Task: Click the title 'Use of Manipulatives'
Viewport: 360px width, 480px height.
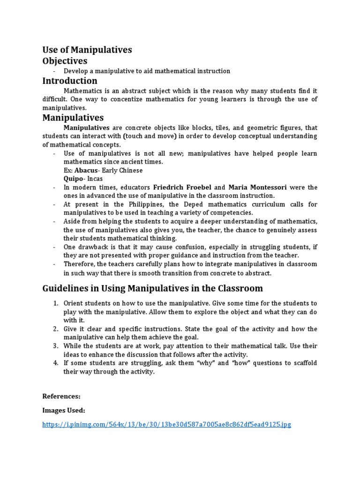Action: coord(87,50)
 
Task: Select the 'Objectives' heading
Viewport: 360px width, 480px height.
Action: coord(65,61)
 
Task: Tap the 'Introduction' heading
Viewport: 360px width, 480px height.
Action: coord(70,81)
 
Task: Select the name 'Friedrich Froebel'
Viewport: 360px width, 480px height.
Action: coord(182,187)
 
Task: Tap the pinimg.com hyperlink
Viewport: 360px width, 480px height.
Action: coord(166,425)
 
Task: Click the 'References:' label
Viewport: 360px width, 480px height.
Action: coord(61,396)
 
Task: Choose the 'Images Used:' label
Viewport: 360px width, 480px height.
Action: coord(64,410)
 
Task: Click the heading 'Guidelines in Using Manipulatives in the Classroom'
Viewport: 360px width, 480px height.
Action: coord(153,288)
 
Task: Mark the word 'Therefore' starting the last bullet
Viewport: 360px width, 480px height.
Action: coord(79,264)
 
